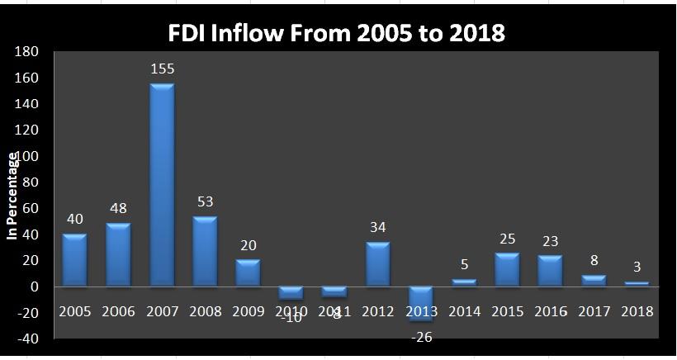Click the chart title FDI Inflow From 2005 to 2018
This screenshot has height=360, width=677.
tap(336, 33)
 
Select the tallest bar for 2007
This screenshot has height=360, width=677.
tap(161, 185)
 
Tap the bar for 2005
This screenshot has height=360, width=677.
tap(74, 260)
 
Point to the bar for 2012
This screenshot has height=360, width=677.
tap(377, 264)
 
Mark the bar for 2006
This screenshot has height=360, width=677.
tap(118, 255)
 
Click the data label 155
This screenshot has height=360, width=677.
tap(162, 69)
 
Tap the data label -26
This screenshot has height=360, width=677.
tap(421, 336)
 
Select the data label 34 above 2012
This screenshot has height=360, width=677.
tap(378, 227)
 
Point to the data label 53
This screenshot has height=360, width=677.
tap(205, 202)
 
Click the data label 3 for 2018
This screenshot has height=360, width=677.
tap(637, 268)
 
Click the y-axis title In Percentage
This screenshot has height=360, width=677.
tap(12, 197)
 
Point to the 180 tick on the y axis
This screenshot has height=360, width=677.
tap(27, 52)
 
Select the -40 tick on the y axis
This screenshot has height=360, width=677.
tap(27, 339)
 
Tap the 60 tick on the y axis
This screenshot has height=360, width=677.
tap(30, 208)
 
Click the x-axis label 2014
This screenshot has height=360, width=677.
tap(465, 311)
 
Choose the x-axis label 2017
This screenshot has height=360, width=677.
tap(594, 311)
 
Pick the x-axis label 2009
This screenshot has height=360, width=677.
tap(248, 311)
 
